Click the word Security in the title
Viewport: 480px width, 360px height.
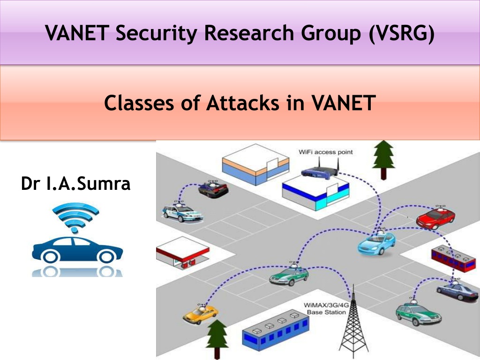pyautogui.click(x=156, y=33)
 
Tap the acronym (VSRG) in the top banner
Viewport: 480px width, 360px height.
pyautogui.click(x=401, y=33)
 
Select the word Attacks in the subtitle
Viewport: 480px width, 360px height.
pyautogui.click(x=243, y=103)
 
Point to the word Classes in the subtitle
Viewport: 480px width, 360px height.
pyautogui.click(x=139, y=103)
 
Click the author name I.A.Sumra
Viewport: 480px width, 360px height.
pyautogui.click(x=89, y=183)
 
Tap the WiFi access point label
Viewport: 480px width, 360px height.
pyautogui.click(x=326, y=152)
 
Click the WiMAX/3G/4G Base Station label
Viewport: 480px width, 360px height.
pyautogui.click(x=326, y=308)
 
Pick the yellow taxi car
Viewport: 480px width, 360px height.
pyautogui.click(x=201, y=314)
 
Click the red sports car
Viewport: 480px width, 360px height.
pyautogui.click(x=435, y=217)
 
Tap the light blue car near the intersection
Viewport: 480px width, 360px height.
pyautogui.click(x=376, y=243)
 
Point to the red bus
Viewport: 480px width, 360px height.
pyautogui.click(x=453, y=259)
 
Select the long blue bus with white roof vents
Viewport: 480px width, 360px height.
pyautogui.click(x=276, y=330)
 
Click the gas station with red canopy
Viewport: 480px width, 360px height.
pyautogui.click(x=183, y=253)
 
